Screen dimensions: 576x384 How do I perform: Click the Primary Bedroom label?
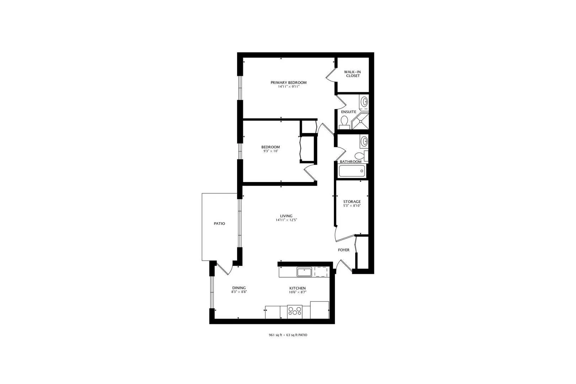pyautogui.click(x=288, y=82)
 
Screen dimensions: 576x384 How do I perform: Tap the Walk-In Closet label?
pyautogui.click(x=352, y=74)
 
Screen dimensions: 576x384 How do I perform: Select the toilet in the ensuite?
pyautogui.click(x=344, y=123)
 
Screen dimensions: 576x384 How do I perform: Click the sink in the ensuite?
pyautogui.click(x=364, y=102)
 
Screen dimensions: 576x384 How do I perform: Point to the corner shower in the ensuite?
pyautogui.click(x=361, y=121)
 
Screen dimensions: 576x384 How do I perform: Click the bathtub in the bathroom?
pyautogui.click(x=352, y=171)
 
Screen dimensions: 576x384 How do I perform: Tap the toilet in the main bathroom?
pyautogui.click(x=361, y=156)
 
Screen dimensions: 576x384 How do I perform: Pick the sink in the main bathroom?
pyautogui.click(x=364, y=141)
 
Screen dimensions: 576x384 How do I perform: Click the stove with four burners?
pyautogui.click(x=295, y=312)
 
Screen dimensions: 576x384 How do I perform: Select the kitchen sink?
pyautogui.click(x=304, y=272)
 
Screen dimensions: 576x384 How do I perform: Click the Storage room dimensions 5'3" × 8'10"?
pyautogui.click(x=352, y=206)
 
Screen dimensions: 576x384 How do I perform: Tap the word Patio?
pyautogui.click(x=219, y=224)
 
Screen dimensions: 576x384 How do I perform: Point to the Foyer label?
pyautogui.click(x=343, y=250)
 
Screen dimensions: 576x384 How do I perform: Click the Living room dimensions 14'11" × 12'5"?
pyautogui.click(x=286, y=220)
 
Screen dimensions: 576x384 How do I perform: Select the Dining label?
pyautogui.click(x=239, y=288)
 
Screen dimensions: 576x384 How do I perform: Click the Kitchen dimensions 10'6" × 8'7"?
pyautogui.click(x=298, y=292)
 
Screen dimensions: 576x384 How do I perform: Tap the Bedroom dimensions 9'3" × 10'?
pyautogui.click(x=271, y=151)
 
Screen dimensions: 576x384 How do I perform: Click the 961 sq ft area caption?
pyautogui.click(x=288, y=335)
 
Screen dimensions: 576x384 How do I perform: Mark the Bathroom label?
pyautogui.click(x=351, y=162)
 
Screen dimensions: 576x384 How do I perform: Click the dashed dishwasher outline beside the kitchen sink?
pyautogui.click(x=321, y=272)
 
